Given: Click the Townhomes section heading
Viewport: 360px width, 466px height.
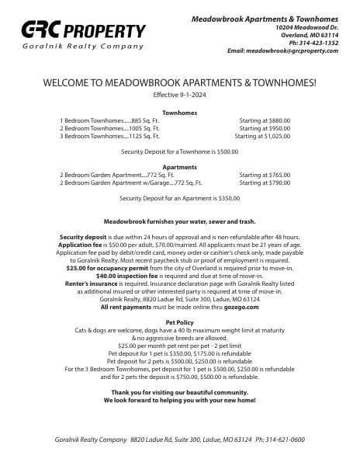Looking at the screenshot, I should point(179,113).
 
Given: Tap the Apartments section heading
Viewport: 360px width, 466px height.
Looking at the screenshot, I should point(179,167).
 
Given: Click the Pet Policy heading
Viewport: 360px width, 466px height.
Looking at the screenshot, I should point(179,322).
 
